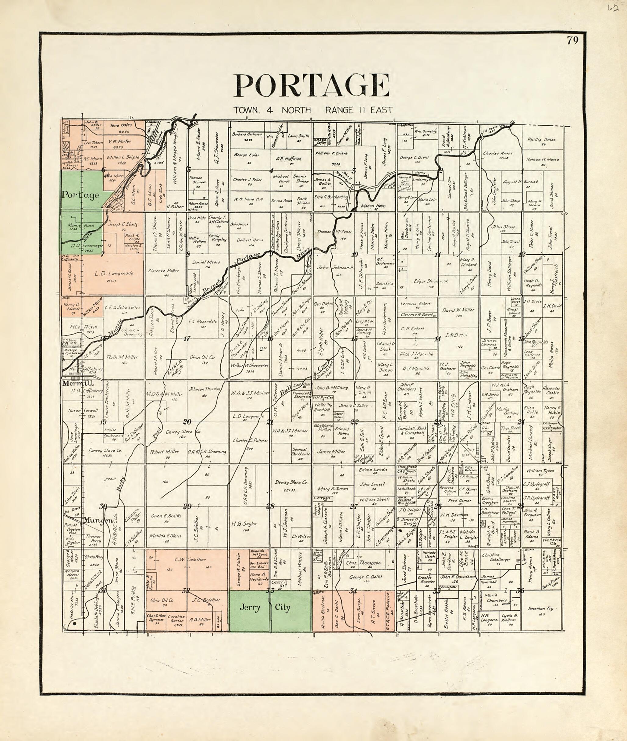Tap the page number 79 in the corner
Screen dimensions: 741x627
tap(573, 41)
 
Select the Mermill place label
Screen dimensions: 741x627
tap(73, 384)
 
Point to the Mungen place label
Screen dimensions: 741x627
tap(96, 521)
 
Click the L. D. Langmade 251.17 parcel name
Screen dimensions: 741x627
tap(114, 274)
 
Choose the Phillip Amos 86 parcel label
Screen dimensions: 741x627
tap(541, 140)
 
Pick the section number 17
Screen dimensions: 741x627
tap(187, 338)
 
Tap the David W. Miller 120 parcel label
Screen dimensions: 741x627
tap(458, 310)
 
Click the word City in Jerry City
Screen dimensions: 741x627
tap(283, 607)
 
